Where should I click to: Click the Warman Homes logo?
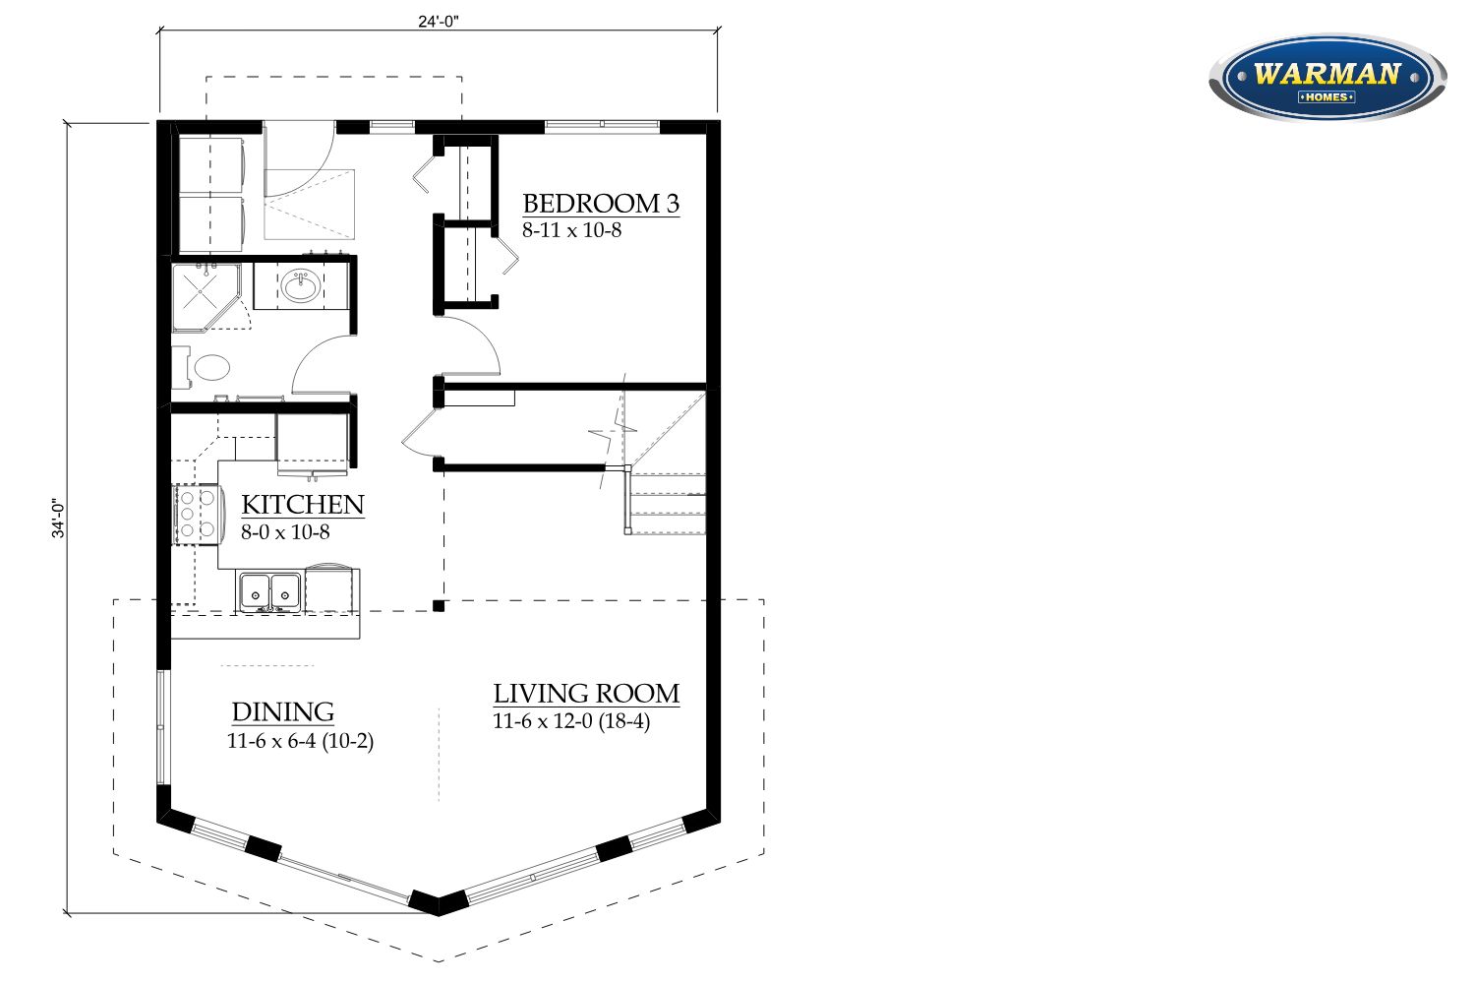pos(1327,78)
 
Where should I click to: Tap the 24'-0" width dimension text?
pos(438,21)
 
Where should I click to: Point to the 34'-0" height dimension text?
pos(59,518)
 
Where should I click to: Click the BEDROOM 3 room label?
pos(601,204)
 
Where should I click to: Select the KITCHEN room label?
pos(302,505)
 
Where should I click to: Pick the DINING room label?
pos(283,711)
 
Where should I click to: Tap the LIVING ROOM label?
pos(586,694)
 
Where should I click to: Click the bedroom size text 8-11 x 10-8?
pos(571,230)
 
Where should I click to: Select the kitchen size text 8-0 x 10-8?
pos(285,532)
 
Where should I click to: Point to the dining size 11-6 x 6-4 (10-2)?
pos(300,741)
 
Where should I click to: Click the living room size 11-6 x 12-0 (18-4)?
pos(571,721)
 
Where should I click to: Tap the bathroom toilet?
pos(202,367)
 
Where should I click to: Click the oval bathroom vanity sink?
pos(301,286)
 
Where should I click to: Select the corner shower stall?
pos(206,297)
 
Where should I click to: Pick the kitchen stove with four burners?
pos(196,515)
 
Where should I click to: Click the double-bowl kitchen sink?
pos(270,590)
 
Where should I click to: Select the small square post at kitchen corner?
pos(439,606)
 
